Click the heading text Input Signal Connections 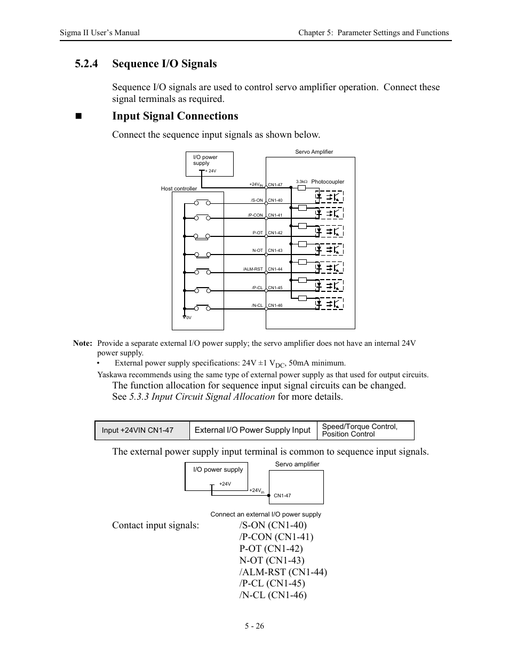(175, 116)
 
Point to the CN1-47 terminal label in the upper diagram (275, 185)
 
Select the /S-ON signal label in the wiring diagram (257, 201)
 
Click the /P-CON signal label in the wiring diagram (256, 216)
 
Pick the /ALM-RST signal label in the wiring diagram (253, 269)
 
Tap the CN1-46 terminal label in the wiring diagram (275, 306)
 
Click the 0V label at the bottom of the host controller (188, 317)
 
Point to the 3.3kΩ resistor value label (301, 182)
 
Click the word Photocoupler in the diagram (328, 182)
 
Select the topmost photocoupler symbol (329, 196)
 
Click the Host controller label (179, 189)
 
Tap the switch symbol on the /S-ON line (202, 202)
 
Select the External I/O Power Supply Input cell (252, 431)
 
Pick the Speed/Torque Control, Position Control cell (365, 431)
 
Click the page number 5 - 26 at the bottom (254, 626)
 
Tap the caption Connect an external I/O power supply (266, 514)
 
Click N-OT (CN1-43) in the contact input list (272, 560)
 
